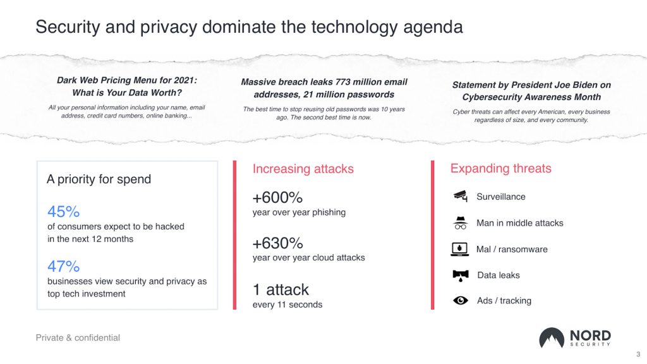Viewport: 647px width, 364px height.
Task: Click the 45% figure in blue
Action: point(64,212)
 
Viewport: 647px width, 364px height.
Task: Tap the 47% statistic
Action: point(64,266)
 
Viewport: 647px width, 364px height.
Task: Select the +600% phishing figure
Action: point(278,198)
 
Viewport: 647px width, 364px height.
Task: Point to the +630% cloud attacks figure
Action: point(278,243)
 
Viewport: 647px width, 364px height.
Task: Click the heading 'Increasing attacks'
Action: point(303,169)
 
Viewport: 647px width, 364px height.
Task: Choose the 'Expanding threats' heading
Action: point(501,168)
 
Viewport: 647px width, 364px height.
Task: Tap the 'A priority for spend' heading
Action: point(99,179)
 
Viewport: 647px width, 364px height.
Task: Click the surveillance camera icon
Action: point(461,197)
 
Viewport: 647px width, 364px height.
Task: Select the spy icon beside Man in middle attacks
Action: point(461,223)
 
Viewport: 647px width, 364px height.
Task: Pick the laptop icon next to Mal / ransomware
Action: point(460,249)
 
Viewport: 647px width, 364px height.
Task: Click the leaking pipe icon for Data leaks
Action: point(461,276)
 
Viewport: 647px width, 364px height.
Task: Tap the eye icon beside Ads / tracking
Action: point(461,300)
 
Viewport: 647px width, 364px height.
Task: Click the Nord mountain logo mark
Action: point(552,338)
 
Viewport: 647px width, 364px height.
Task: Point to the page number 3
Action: point(638,354)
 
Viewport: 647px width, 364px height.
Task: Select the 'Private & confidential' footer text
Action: point(78,337)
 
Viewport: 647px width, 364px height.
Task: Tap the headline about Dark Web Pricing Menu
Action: point(127,86)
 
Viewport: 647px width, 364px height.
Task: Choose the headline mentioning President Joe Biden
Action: point(531,91)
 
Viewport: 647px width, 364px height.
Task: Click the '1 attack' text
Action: point(281,289)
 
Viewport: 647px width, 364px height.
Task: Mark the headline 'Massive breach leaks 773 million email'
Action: point(324,82)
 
